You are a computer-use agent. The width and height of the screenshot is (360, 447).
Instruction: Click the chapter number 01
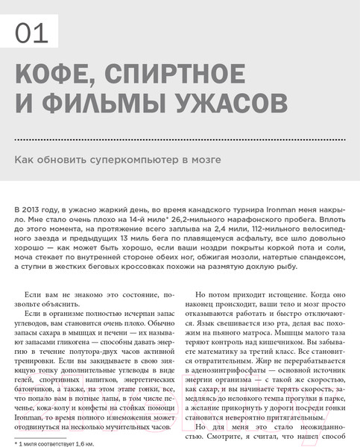click(x=31, y=32)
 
